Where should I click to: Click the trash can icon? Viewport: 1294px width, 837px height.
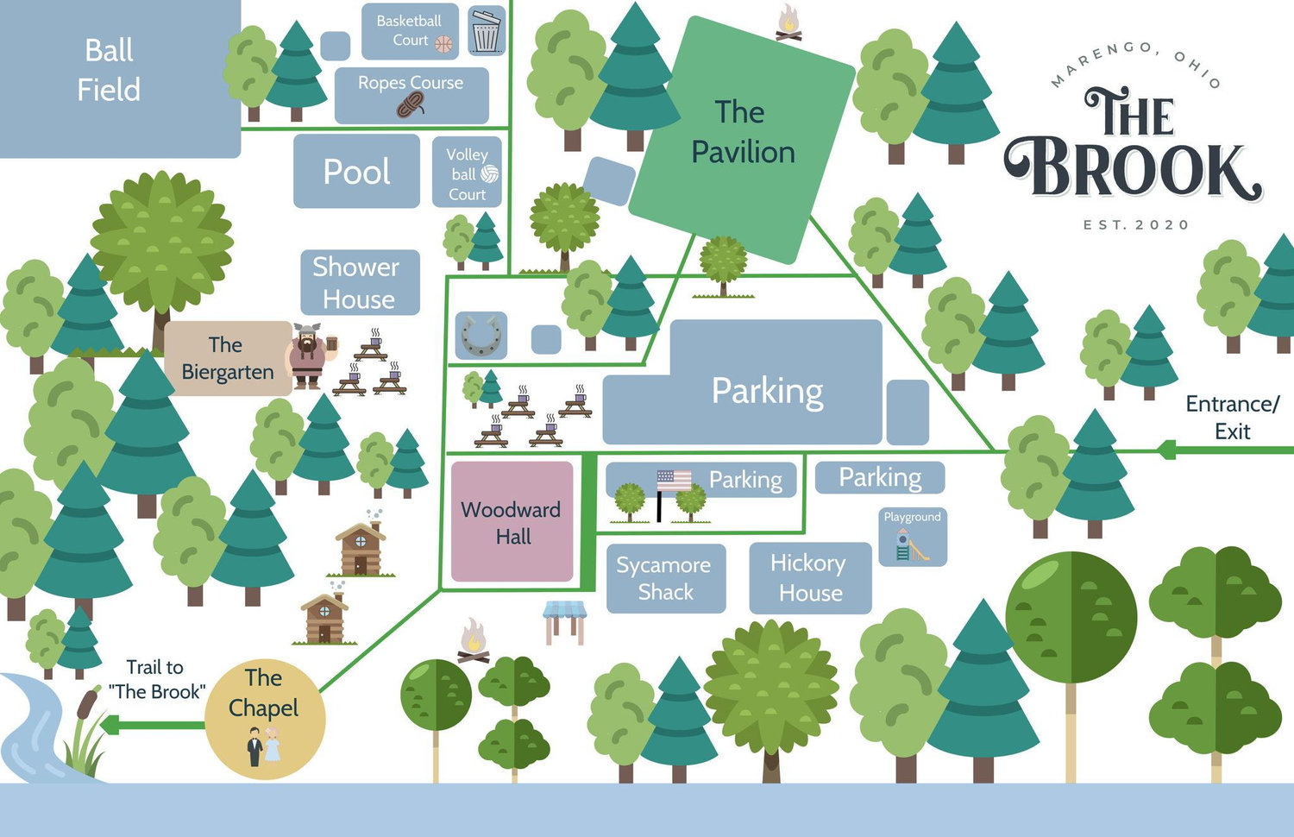(486, 31)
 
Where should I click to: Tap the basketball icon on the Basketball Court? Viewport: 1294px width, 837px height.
(443, 44)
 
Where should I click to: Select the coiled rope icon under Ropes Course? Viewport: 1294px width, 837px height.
(411, 104)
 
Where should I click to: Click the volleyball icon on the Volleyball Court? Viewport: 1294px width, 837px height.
(489, 173)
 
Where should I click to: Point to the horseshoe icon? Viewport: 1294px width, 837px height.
(481, 336)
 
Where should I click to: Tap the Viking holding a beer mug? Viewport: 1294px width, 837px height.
(311, 356)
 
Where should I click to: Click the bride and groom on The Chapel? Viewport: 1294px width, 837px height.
(263, 747)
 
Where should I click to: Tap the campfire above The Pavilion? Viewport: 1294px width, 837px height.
(788, 23)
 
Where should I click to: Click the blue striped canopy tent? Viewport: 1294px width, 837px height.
(564, 622)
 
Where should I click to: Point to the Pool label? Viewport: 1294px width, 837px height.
(356, 172)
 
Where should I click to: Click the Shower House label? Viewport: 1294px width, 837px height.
(356, 283)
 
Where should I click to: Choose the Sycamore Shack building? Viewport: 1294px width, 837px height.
(666, 578)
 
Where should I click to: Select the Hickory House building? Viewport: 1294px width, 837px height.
(811, 577)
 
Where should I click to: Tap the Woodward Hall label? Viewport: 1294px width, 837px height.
(512, 523)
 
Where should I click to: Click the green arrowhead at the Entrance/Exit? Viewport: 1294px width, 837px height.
(1167, 450)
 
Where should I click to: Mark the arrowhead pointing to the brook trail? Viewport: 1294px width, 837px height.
(110, 725)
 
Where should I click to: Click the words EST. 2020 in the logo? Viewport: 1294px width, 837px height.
(1136, 224)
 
